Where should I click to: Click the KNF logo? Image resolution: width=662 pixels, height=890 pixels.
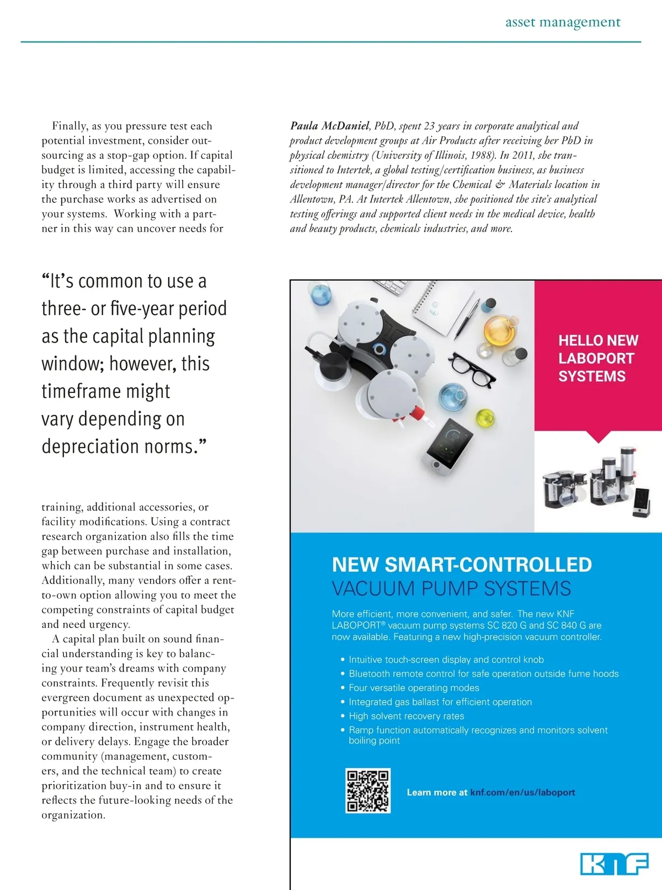(x=614, y=864)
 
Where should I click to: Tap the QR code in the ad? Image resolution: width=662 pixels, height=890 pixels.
(x=368, y=791)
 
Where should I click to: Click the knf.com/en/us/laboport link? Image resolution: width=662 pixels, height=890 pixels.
(x=522, y=792)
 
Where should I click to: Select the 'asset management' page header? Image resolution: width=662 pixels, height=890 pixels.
(x=563, y=22)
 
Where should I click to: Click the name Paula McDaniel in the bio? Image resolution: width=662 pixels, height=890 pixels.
(x=330, y=126)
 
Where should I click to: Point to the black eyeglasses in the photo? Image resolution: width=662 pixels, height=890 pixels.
(x=472, y=369)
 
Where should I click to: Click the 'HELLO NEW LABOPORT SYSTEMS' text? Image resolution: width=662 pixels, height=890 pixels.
(x=598, y=358)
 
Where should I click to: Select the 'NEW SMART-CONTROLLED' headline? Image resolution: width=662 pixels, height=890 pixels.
(x=462, y=564)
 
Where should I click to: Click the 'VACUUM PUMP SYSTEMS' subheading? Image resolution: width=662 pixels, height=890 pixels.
(x=451, y=588)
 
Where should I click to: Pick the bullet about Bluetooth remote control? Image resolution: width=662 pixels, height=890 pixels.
(x=483, y=674)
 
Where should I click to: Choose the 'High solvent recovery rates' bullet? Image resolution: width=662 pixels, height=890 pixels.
(x=406, y=716)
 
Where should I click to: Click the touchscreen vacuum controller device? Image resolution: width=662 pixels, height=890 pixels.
(x=447, y=444)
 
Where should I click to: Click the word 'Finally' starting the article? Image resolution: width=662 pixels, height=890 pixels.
(x=70, y=126)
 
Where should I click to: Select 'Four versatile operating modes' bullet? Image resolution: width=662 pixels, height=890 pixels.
(x=414, y=688)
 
